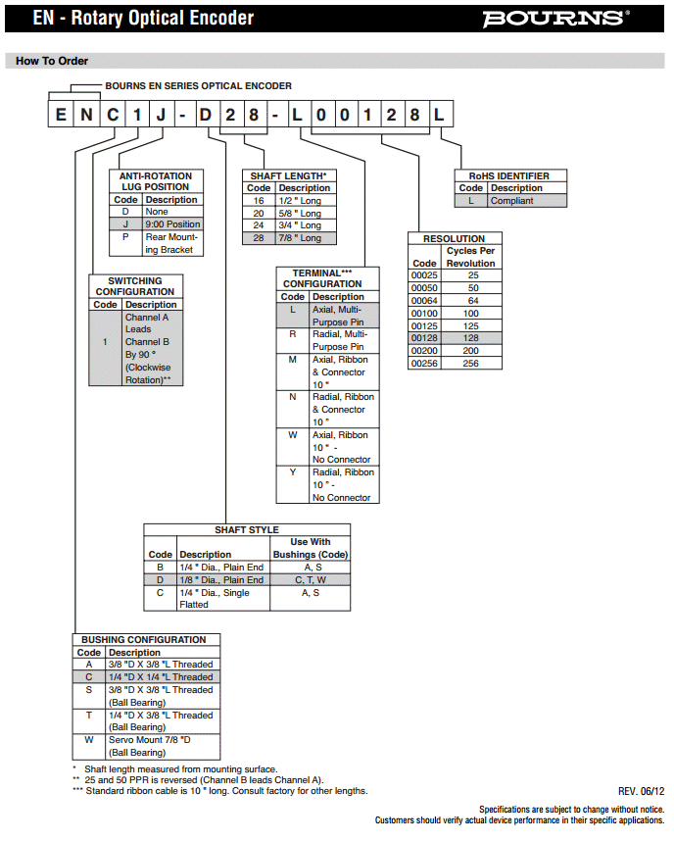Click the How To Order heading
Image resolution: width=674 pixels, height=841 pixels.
click(x=52, y=61)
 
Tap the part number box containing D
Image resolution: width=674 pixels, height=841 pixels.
click(x=206, y=114)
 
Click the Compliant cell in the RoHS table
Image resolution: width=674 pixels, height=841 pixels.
click(x=527, y=201)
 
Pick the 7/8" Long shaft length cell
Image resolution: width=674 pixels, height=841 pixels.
click(x=305, y=238)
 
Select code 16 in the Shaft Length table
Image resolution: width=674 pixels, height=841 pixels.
click(x=259, y=201)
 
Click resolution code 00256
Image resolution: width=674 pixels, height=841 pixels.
click(x=424, y=364)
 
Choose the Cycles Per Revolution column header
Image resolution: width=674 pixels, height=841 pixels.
click(x=471, y=257)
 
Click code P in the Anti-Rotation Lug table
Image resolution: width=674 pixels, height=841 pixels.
click(x=124, y=237)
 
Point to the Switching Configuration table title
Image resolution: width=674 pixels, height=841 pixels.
click(x=135, y=286)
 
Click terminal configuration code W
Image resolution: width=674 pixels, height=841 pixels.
click(x=293, y=435)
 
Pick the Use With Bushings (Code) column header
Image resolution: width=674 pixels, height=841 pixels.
click(x=311, y=548)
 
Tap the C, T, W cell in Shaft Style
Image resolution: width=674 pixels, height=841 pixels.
click(x=312, y=580)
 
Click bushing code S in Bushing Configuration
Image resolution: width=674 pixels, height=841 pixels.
click(x=88, y=690)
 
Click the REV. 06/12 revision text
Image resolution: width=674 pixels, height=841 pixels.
click(x=641, y=791)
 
